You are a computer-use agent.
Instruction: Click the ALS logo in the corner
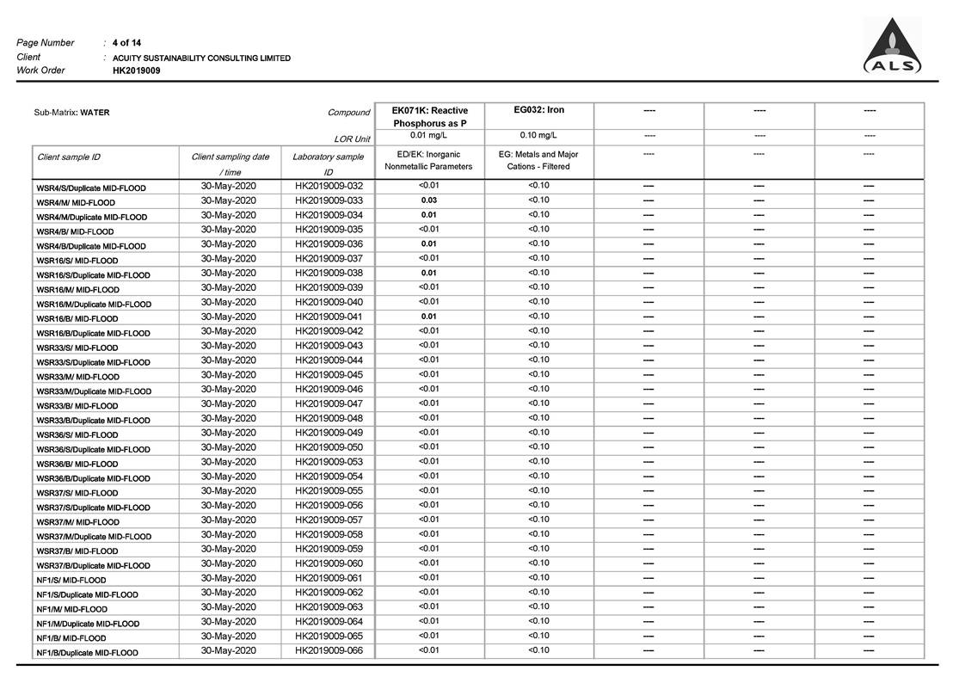pos(892,47)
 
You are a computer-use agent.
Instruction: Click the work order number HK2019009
pos(136,71)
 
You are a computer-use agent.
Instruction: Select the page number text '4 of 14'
pos(127,42)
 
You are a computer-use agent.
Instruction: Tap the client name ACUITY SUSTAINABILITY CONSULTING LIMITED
pos(201,58)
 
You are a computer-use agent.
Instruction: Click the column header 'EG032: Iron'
pos(538,110)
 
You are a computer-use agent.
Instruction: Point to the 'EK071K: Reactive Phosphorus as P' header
pos(429,117)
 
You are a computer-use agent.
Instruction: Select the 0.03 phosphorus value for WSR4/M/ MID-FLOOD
pos(428,200)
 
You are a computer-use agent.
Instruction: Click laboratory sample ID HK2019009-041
pos(329,317)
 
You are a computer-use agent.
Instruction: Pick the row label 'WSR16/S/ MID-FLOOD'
pos(77,261)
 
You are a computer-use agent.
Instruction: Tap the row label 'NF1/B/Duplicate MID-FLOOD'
pos(87,653)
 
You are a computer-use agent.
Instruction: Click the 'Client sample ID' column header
pos(69,157)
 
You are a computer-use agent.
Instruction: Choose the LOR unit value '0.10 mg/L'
pos(538,135)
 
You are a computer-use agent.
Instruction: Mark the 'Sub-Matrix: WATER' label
pos(71,113)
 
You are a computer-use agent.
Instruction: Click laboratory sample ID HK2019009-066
pos(329,650)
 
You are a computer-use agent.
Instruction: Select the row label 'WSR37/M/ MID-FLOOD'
pos(78,522)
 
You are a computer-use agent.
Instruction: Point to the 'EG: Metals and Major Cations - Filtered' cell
pos(538,160)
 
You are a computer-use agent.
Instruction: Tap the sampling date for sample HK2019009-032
pos(229,186)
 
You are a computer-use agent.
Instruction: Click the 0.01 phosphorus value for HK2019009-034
pos(428,215)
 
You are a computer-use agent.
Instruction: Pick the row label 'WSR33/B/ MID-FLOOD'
pos(77,406)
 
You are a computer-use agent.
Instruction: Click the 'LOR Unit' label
pos(353,139)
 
